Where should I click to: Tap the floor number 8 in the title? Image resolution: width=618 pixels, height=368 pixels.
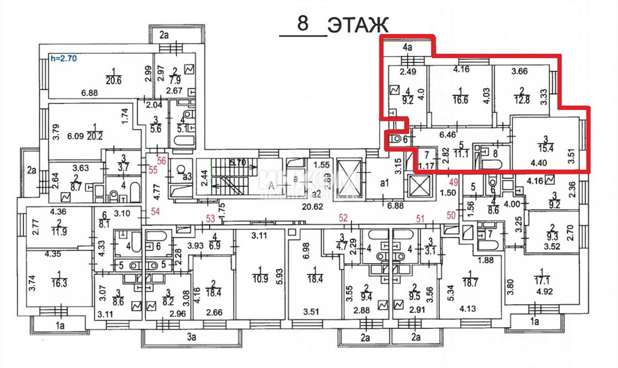coord(303,24)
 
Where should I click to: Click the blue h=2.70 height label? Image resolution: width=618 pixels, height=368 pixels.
coord(63,58)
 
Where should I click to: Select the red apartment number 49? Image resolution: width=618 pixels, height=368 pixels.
coord(453,182)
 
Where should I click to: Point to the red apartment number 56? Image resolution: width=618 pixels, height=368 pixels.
coord(162,161)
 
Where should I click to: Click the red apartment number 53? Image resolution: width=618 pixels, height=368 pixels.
coord(211,219)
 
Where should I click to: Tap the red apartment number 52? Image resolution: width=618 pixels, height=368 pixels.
coord(343,218)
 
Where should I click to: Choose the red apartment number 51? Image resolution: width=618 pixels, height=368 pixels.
coord(420,219)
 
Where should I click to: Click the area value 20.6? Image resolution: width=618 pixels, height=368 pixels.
coord(113,81)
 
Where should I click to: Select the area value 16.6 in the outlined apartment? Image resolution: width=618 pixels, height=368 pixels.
coord(460,99)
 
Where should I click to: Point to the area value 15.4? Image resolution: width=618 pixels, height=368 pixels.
coord(546,148)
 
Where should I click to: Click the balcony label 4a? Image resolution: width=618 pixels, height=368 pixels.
coord(407,47)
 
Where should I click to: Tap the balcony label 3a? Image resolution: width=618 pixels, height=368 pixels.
coord(192,337)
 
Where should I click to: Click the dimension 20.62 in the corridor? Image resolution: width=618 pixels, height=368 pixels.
coord(312,206)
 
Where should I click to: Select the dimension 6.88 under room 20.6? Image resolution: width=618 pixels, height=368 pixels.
coord(89,93)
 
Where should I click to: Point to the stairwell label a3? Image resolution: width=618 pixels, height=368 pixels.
coord(187,177)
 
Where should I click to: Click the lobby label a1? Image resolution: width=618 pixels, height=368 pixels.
coord(384,183)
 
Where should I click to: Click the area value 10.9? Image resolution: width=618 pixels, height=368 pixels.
coord(260,279)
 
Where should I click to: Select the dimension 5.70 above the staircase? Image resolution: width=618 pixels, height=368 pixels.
coord(238,163)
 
